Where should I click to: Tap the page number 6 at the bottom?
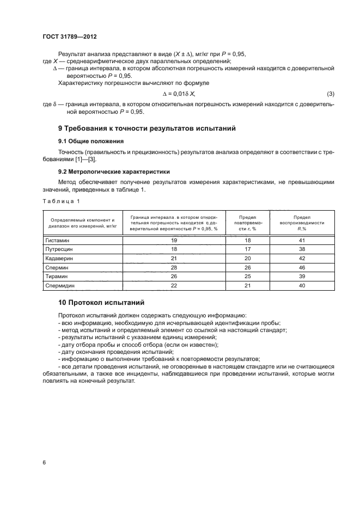[x=44, y=462]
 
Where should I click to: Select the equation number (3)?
[x=330, y=94]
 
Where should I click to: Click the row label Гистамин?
[x=58, y=240]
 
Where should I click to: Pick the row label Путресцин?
[x=59, y=249]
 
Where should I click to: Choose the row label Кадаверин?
[x=59, y=258]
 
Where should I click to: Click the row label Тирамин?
[x=57, y=276]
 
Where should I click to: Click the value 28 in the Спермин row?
[x=174, y=267]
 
